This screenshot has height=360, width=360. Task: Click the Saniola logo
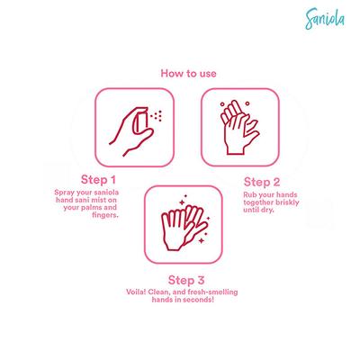click(325, 19)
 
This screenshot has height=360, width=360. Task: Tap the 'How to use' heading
click(188, 74)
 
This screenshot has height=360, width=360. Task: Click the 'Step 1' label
click(98, 180)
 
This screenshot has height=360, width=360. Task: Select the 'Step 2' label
click(262, 182)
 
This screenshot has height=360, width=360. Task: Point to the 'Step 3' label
click(186, 280)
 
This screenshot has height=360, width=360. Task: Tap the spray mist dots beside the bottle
click(157, 116)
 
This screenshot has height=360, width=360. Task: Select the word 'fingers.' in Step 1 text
click(105, 215)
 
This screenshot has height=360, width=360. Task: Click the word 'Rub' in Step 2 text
click(249, 194)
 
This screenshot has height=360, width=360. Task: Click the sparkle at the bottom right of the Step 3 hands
click(202, 240)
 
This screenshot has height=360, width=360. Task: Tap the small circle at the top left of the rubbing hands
click(222, 104)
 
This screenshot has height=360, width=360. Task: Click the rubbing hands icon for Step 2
click(239, 128)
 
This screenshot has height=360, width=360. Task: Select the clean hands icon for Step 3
click(184, 222)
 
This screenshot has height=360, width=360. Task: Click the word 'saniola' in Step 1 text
click(107, 193)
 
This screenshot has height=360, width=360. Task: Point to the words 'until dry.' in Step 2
click(258, 210)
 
